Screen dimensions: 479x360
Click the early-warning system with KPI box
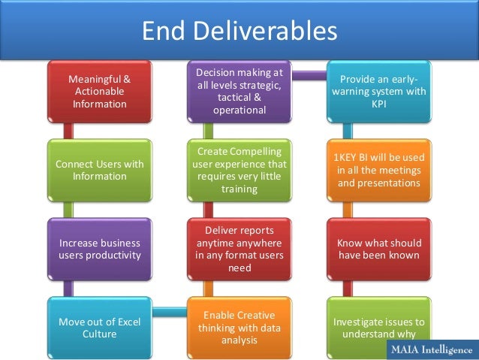(x=379, y=92)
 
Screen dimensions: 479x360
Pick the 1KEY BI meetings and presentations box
(x=379, y=170)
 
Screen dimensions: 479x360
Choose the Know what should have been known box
(x=379, y=250)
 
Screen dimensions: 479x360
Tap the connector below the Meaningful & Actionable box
(x=68, y=130)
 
